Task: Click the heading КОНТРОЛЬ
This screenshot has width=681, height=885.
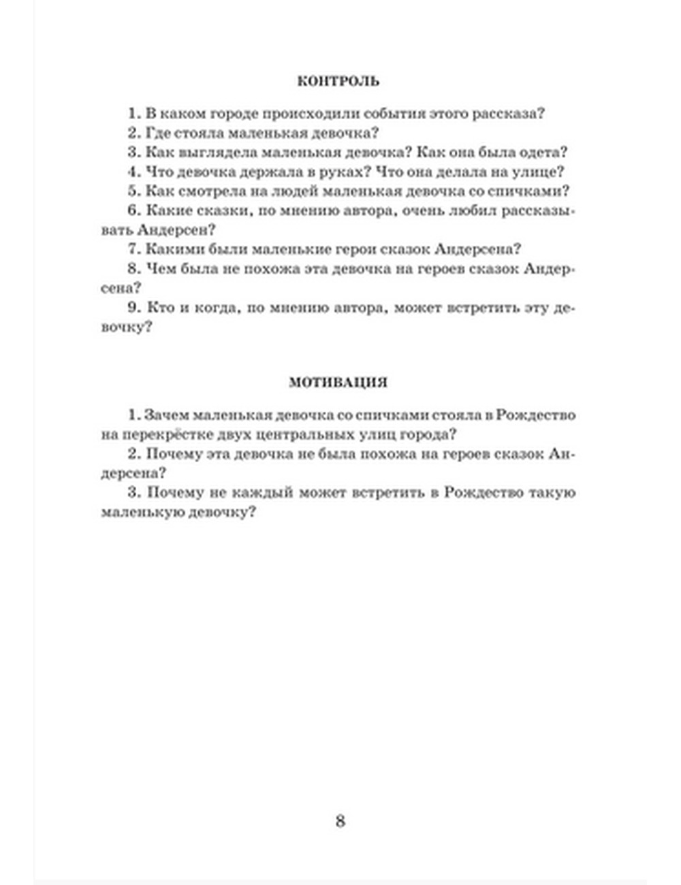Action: pos(338,81)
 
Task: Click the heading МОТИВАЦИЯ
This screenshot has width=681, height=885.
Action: pos(338,383)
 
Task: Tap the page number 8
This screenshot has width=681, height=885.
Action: pos(340,820)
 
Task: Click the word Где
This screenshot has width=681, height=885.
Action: pos(160,133)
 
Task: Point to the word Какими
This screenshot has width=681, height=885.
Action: pos(172,249)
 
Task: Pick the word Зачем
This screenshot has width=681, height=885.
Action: pos(167,415)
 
